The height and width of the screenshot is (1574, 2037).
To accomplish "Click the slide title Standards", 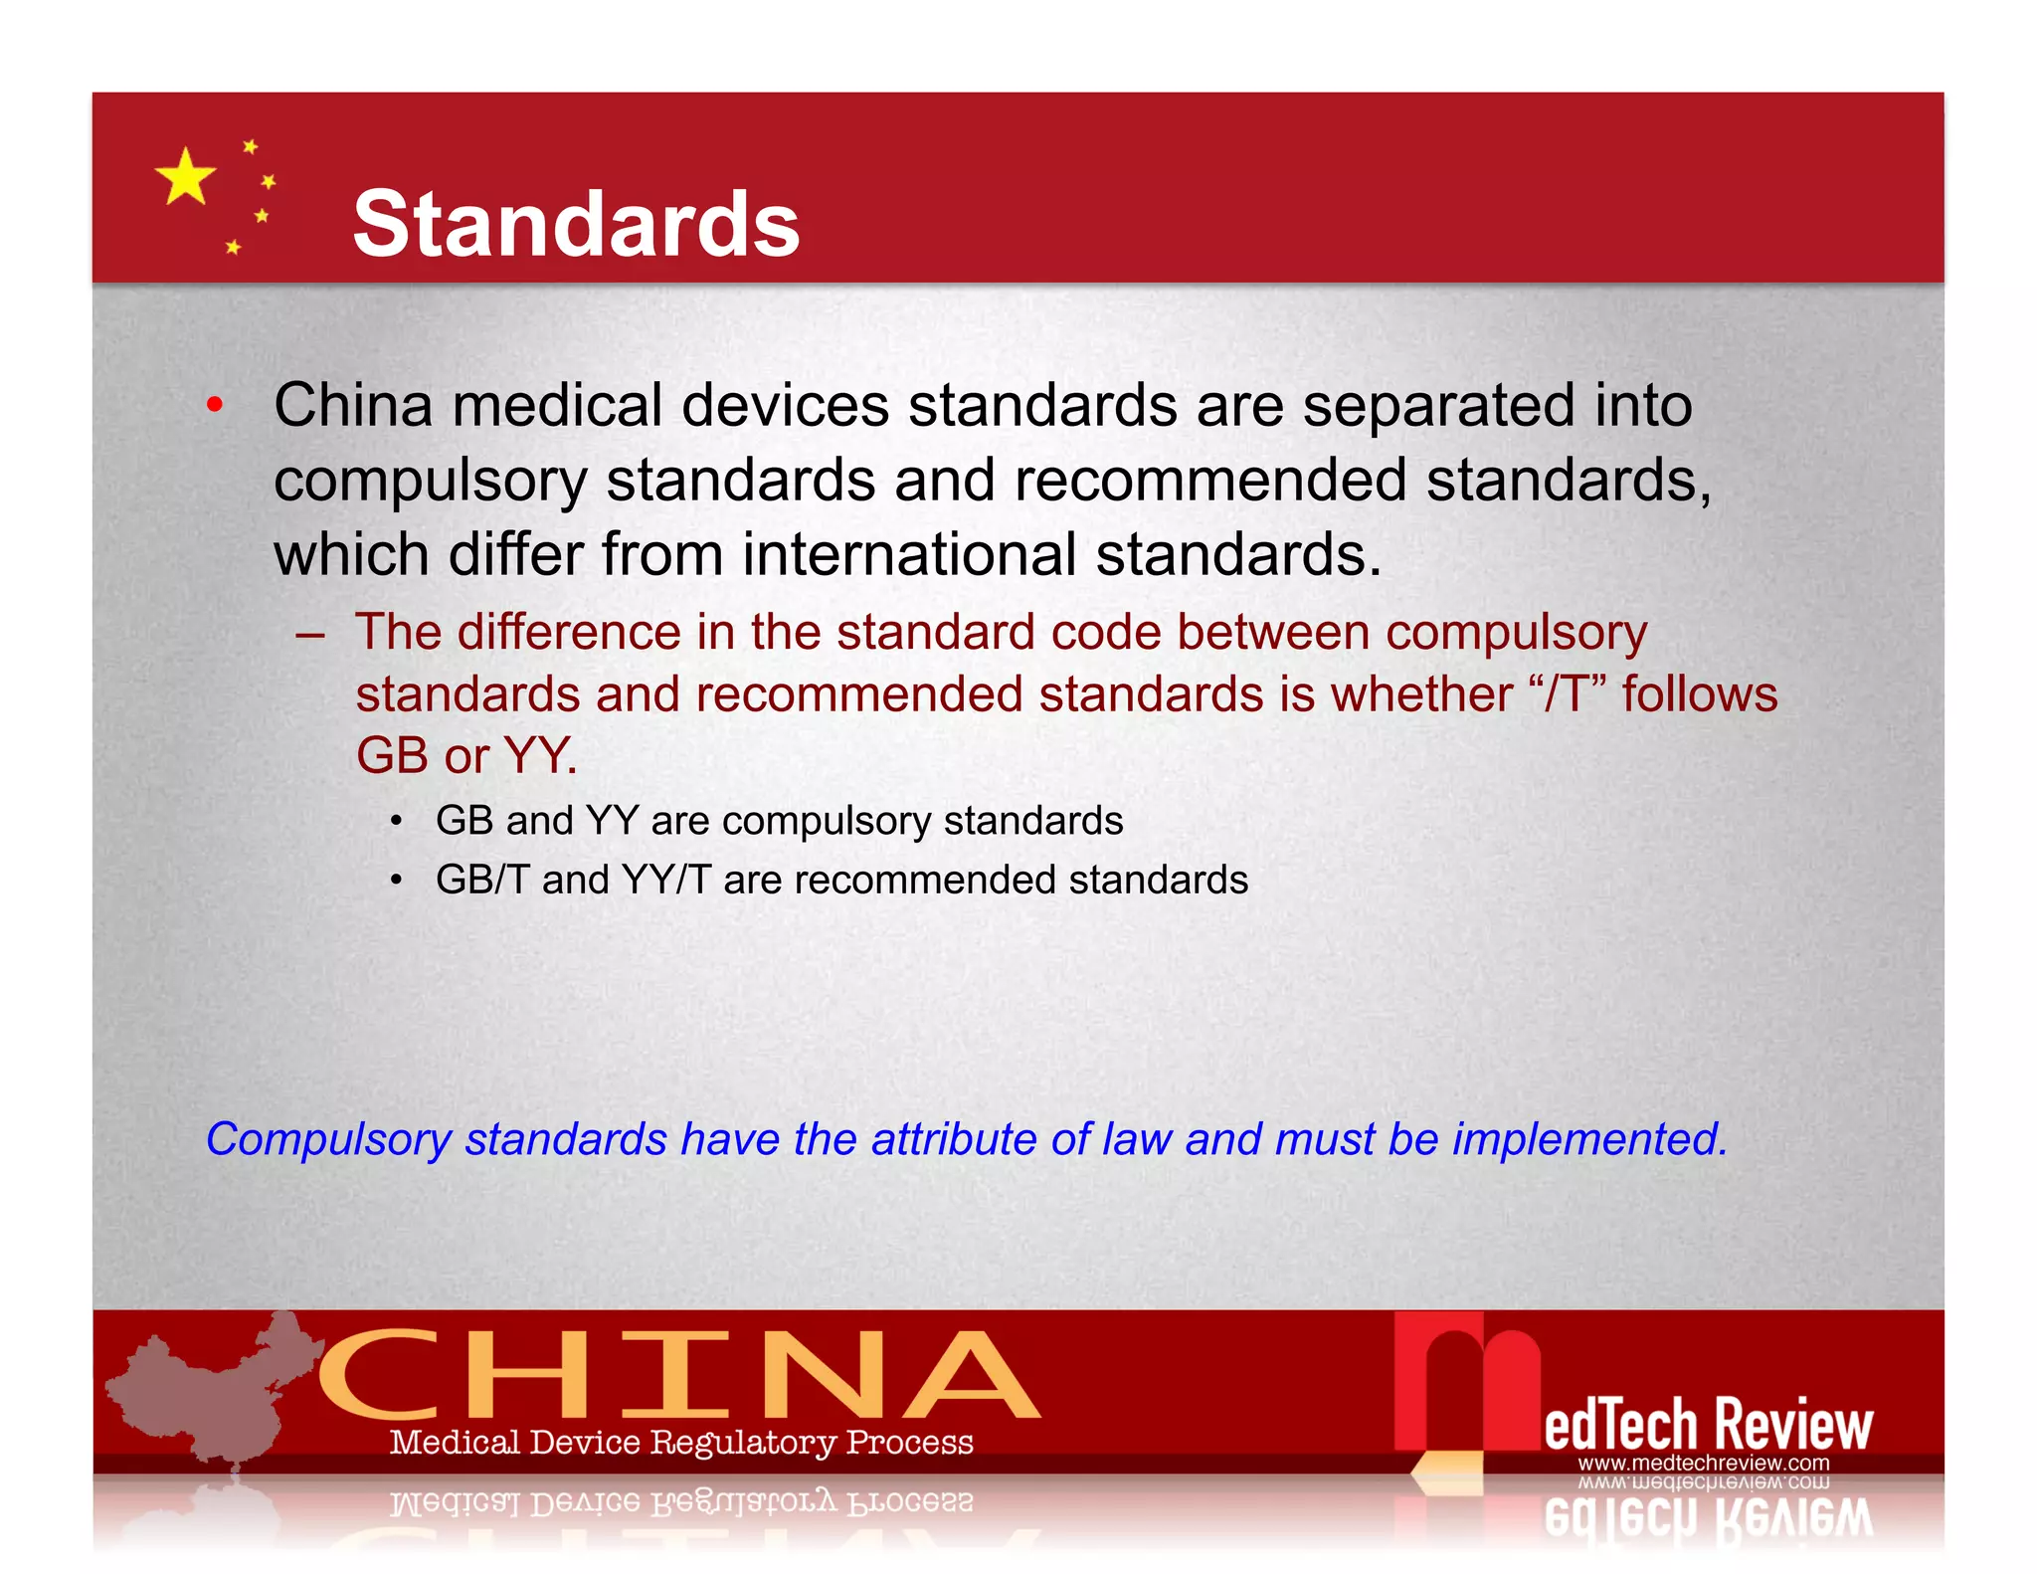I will coord(576,224).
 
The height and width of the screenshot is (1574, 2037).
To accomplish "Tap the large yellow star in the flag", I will coord(185,177).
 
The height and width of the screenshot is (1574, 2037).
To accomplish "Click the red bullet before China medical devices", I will coord(214,405).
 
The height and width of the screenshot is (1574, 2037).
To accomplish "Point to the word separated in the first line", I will coord(1439,406).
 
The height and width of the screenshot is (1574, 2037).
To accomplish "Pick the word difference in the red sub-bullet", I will coord(570,632).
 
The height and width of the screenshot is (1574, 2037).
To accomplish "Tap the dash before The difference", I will coord(309,634).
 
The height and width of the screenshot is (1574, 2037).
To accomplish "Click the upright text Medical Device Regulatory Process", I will coord(681,1442).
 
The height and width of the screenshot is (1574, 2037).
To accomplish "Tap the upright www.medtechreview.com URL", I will coord(1703,1463).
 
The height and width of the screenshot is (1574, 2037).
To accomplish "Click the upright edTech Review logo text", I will coord(1708,1424).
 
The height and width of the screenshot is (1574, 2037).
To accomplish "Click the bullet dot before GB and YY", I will coord(396,822).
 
